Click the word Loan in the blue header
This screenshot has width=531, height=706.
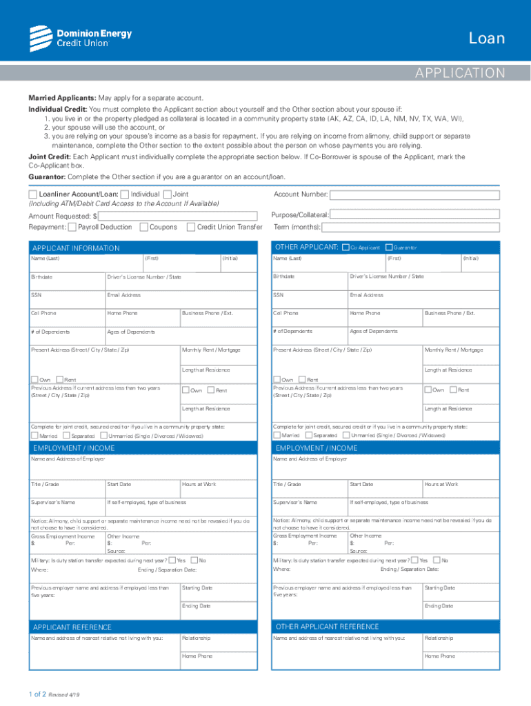pyautogui.click(x=486, y=38)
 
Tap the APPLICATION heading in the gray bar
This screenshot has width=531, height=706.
pyautogui.click(x=459, y=73)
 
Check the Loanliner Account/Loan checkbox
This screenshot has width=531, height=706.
pyautogui.click(x=33, y=195)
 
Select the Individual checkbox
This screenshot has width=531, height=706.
pyautogui.click(x=124, y=195)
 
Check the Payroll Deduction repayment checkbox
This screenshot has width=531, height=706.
pyautogui.click(x=72, y=227)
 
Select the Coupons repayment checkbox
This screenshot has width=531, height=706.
pyautogui.click(x=144, y=227)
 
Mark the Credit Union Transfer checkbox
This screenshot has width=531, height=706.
pyautogui.click(x=191, y=227)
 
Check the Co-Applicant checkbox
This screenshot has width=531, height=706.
pyautogui.click(x=346, y=248)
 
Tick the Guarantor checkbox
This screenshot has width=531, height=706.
pyautogui.click(x=389, y=248)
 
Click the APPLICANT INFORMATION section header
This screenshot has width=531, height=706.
pyautogui.click(x=76, y=248)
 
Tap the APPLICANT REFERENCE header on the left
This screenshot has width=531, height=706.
pyautogui.click(x=72, y=627)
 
